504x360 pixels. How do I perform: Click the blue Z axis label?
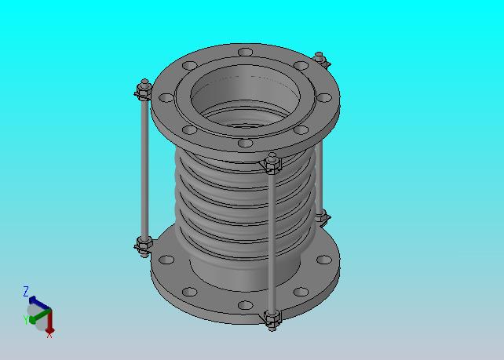click(x=26, y=292)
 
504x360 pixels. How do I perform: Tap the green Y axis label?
click(x=25, y=320)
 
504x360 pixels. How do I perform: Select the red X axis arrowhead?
click(x=49, y=330)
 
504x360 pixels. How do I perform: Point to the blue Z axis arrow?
click(x=39, y=303)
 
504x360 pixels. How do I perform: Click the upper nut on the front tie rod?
click(x=273, y=164)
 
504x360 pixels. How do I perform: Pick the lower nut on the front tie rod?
click(x=273, y=318)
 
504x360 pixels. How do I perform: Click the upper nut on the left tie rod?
click(x=144, y=91)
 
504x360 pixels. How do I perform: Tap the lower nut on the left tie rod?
click(x=144, y=245)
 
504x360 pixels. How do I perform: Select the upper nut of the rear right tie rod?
click(x=321, y=60)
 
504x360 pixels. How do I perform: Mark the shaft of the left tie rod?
click(x=144, y=169)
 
